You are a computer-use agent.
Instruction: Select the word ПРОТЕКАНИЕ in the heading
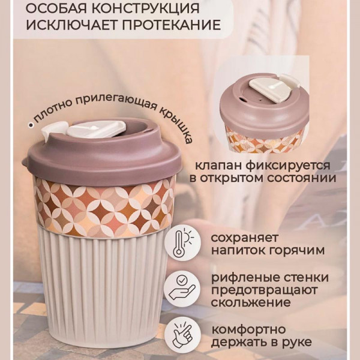[171, 25]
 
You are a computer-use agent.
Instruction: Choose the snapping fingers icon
[182, 334]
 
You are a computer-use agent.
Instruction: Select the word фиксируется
[287, 166]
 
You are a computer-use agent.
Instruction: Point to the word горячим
[296, 250]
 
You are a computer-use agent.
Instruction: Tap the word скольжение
[251, 302]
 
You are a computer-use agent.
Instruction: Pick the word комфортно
[248, 330]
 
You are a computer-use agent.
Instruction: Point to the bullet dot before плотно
[30, 125]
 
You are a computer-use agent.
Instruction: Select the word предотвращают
[264, 290]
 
